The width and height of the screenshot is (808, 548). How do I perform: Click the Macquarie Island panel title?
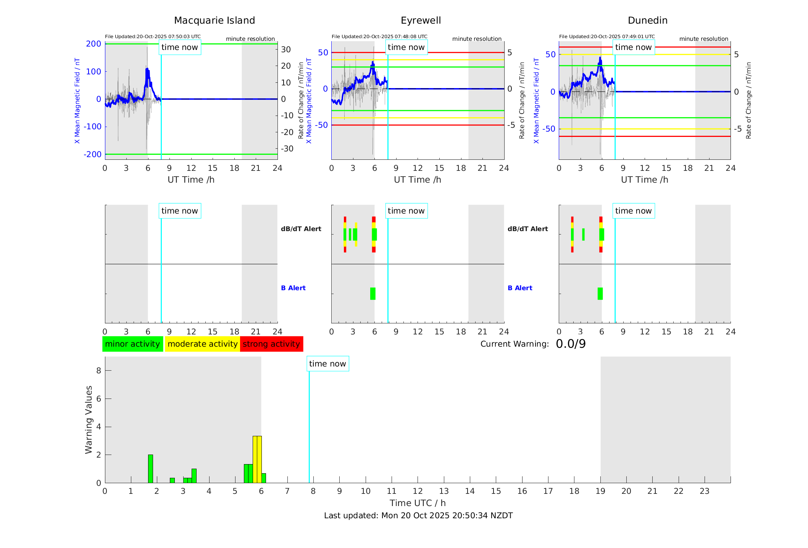point(214,20)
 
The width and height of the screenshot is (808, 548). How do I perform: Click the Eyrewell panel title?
point(421,20)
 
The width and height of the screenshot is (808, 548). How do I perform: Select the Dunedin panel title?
point(647,20)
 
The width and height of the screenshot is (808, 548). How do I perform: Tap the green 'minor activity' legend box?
point(132,344)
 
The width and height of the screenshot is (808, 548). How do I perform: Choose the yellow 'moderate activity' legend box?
point(202,344)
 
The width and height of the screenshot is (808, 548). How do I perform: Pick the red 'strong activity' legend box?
point(271,344)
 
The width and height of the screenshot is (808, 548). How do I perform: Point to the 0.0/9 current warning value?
point(571,344)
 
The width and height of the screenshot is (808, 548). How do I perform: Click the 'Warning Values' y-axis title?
point(89,419)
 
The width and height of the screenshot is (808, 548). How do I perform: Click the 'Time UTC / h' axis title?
point(418,503)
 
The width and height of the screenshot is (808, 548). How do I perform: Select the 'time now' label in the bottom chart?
point(327,364)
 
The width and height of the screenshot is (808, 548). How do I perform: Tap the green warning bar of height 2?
point(150,469)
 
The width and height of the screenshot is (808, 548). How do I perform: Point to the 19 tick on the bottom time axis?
point(600,491)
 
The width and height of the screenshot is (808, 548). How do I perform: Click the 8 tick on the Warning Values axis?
point(98,370)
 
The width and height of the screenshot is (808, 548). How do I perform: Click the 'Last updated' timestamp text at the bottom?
point(418,516)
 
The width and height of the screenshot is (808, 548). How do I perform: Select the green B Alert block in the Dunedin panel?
point(600,294)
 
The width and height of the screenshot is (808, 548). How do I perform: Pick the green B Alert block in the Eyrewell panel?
point(373,294)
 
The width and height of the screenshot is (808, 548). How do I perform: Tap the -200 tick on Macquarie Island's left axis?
point(92,154)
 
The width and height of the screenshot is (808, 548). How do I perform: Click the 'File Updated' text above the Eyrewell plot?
point(379,37)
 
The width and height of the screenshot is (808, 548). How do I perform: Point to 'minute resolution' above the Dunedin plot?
point(703,39)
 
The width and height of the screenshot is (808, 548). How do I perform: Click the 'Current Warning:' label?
point(514,344)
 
